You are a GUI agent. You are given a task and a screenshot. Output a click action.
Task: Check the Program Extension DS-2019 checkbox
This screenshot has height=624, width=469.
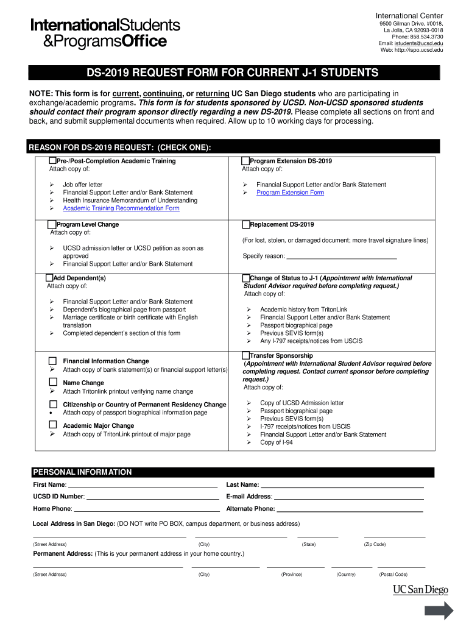coord(246,161)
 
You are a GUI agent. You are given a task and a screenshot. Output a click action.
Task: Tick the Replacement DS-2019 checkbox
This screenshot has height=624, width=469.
coord(246,224)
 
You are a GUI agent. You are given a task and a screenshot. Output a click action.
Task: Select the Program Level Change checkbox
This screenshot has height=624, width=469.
coord(52,224)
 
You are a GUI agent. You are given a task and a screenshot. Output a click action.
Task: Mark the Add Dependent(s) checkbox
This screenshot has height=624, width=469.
coord(50,278)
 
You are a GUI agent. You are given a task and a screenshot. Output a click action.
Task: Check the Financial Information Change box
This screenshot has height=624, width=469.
coord(53,361)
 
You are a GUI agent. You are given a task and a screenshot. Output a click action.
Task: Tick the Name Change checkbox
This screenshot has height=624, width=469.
coord(53,383)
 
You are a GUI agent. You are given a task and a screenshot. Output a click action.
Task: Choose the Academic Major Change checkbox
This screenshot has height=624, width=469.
coord(53,425)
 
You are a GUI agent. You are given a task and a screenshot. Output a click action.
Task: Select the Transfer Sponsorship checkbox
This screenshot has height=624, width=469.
coord(246,355)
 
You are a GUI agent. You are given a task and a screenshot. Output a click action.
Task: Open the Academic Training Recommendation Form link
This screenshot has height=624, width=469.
coord(121,208)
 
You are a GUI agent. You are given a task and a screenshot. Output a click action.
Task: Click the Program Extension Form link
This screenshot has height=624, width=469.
coord(290,193)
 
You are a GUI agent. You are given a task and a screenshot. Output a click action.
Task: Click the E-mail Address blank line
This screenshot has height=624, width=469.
coord(348,498)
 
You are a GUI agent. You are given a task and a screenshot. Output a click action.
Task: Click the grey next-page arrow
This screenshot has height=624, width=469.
coord(439,611)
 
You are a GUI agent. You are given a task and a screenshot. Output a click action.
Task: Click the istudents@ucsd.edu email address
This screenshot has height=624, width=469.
coord(418,43)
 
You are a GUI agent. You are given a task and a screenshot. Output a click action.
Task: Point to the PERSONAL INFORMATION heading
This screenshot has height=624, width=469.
coord(82,472)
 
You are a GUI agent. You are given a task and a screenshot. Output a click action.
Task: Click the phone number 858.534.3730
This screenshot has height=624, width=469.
coord(426,37)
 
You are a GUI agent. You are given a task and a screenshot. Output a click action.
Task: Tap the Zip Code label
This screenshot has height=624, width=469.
coord(375,544)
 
